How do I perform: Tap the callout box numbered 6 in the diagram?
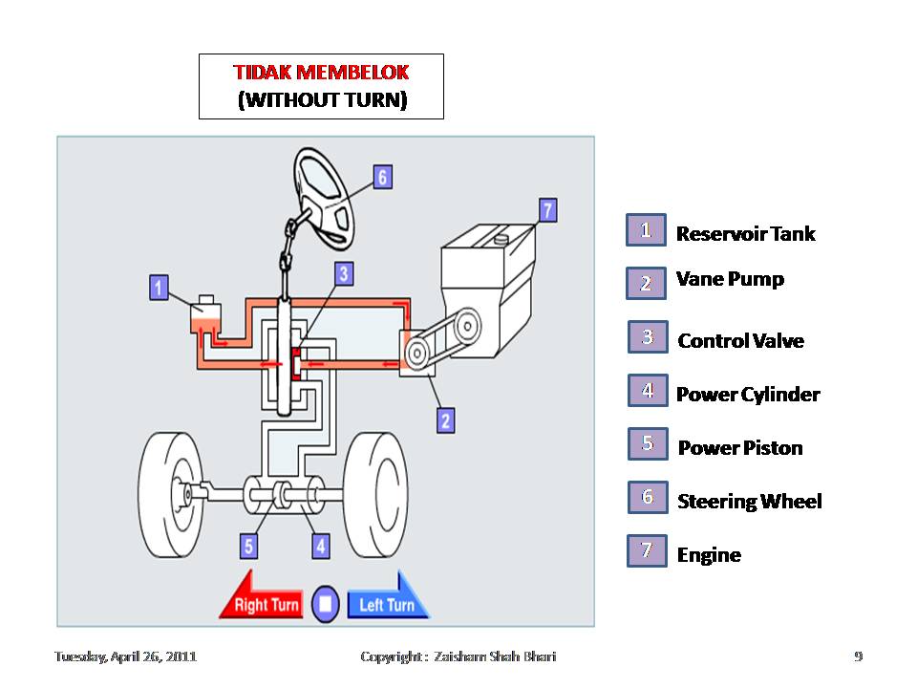click(x=382, y=177)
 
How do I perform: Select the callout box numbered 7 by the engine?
click(x=547, y=210)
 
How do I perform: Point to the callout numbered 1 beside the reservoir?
click(x=160, y=287)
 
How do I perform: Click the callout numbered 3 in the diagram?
click(x=344, y=274)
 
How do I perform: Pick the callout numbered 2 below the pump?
click(x=445, y=419)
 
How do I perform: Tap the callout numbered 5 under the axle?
click(x=248, y=546)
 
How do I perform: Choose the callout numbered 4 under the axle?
click(x=321, y=546)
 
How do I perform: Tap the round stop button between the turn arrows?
click(x=325, y=603)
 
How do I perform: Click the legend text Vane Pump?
click(x=730, y=279)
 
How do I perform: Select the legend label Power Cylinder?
click(x=748, y=395)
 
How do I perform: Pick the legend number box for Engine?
click(x=647, y=551)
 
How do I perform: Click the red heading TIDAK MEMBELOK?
click(x=321, y=74)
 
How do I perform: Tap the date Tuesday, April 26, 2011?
click(x=125, y=656)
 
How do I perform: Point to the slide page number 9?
click(x=858, y=656)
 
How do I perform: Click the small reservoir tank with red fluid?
click(x=206, y=317)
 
